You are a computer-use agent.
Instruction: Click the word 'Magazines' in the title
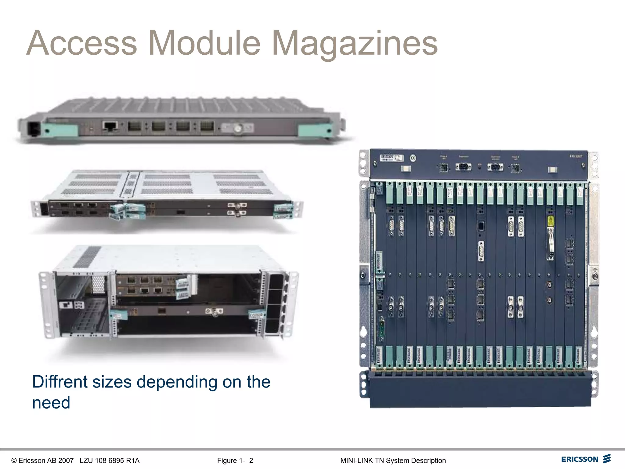[x=355, y=43]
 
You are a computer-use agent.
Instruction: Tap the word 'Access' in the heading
[x=82, y=43]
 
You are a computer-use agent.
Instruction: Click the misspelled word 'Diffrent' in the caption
[x=60, y=382]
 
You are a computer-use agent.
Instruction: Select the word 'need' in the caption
[x=51, y=402]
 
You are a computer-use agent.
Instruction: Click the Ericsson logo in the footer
[x=586, y=459]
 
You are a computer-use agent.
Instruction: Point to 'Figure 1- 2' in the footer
[x=235, y=460]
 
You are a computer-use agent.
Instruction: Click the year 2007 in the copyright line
[x=66, y=460]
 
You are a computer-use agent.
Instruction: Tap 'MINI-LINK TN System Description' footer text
[x=393, y=460]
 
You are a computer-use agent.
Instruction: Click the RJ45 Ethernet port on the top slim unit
[x=110, y=126]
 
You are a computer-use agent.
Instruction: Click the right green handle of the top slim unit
[x=314, y=130]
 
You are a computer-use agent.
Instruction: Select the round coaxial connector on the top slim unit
[x=238, y=129]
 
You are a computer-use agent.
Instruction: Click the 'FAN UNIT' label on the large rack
[x=576, y=156]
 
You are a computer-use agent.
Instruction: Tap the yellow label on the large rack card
[x=551, y=221]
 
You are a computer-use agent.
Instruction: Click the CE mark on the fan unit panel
[x=413, y=158]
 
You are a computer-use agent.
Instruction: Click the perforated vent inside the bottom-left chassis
[x=98, y=284]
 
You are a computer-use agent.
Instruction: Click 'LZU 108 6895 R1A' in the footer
[x=110, y=460]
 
